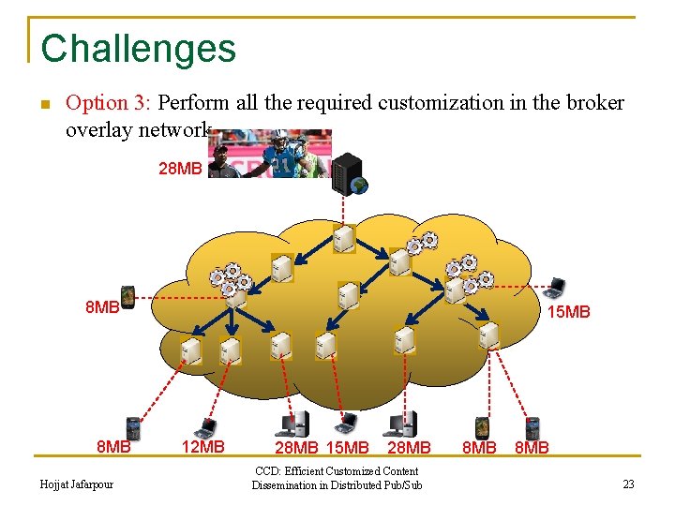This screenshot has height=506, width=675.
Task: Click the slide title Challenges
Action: [139, 49]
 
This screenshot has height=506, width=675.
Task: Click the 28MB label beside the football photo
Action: [180, 169]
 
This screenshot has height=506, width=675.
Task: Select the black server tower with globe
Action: [350, 173]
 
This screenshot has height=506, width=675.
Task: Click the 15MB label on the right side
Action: [568, 312]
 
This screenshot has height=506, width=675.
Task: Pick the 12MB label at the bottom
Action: [202, 447]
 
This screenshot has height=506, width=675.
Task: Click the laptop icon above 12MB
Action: [204, 426]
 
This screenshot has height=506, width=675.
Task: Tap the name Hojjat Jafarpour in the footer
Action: [79, 484]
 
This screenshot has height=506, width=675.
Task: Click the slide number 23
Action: [628, 484]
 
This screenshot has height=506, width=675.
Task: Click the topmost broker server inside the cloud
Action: [344, 239]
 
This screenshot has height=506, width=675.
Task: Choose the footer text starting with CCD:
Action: [337, 478]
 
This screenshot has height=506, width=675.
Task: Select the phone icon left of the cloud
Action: [128, 298]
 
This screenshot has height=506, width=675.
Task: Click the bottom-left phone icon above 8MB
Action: [133, 428]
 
